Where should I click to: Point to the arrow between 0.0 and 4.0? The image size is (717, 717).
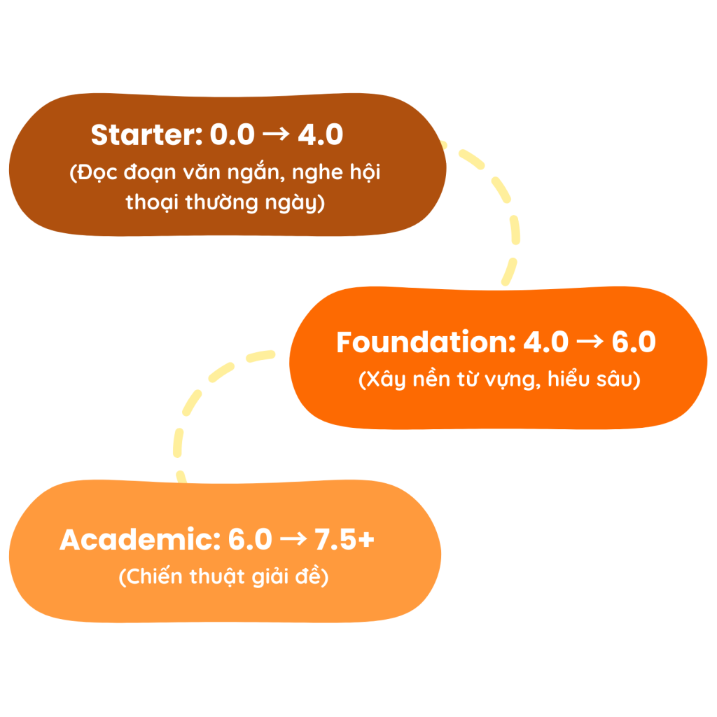pyautogui.click(x=276, y=135)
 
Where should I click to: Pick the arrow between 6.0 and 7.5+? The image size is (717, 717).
pyautogui.click(x=292, y=540)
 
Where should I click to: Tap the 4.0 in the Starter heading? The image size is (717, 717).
pyautogui.click(x=320, y=135)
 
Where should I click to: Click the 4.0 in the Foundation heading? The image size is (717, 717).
pyautogui.click(x=546, y=342)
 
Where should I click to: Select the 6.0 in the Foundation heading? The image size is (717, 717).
pyautogui.click(x=634, y=342)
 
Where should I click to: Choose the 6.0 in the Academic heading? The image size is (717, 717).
pyautogui.click(x=249, y=540)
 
